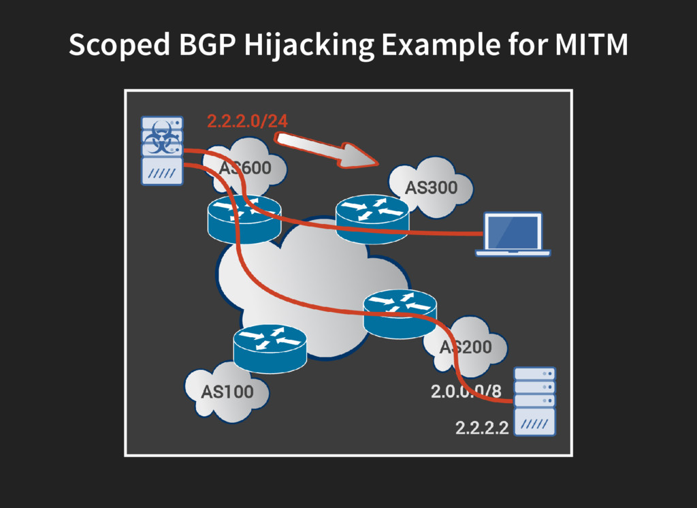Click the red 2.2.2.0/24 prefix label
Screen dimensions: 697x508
247,122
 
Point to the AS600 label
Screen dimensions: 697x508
245,168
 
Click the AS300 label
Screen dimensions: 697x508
431,187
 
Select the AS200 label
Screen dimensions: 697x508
466,347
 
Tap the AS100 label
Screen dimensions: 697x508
227,392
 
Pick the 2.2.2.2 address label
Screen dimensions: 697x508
482,428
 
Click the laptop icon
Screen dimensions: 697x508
513,234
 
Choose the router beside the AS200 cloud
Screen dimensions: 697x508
400,312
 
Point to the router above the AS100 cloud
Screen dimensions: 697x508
270,346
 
